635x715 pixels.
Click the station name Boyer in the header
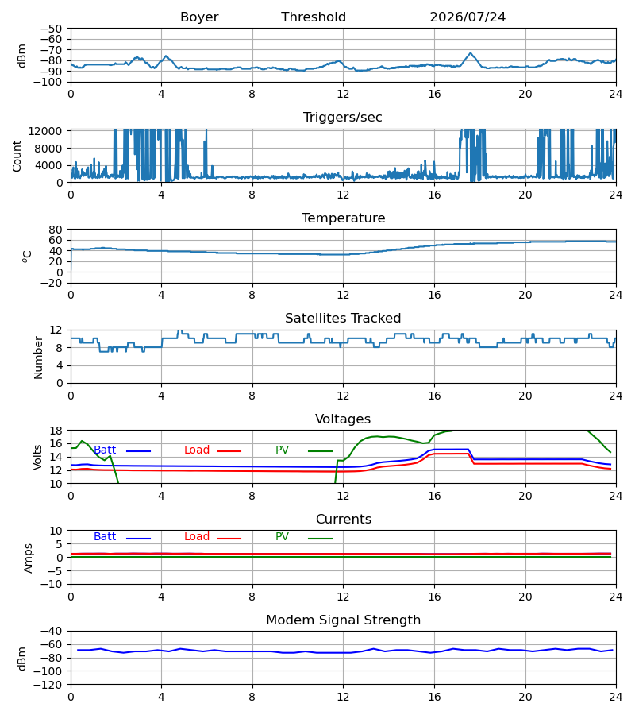199,17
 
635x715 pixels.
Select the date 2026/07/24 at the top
468,17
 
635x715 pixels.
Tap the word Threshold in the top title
314,17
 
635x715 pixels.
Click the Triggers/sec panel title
343,118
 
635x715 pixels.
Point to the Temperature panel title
343,218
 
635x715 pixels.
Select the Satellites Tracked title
343,319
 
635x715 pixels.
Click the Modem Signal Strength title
343,620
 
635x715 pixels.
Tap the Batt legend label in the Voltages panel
105,450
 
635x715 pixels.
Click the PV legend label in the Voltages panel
282,450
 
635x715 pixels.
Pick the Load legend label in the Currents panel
197,537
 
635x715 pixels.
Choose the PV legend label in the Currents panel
282,537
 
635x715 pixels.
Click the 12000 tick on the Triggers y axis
45,131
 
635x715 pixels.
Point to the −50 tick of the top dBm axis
51,29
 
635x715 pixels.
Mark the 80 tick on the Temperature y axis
56,230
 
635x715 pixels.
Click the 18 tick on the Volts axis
56,431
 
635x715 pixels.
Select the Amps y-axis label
29,558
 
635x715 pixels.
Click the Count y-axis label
17,156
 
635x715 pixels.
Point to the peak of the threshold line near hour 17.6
471,53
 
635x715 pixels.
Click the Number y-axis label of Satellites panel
38,357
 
